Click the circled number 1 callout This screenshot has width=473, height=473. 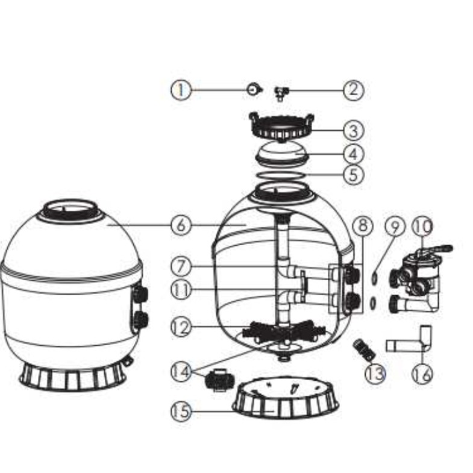pyautogui.click(x=181, y=90)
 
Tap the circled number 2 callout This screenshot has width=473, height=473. pyautogui.click(x=354, y=90)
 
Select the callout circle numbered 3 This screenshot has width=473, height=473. pyautogui.click(x=354, y=131)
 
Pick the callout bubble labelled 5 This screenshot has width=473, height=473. pyautogui.click(x=354, y=175)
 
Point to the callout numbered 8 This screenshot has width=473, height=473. pyautogui.click(x=363, y=225)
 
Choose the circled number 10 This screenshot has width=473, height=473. pyautogui.click(x=422, y=226)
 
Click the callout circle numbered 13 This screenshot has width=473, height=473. pyautogui.click(x=375, y=374)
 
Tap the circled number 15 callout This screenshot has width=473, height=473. pyautogui.click(x=181, y=411)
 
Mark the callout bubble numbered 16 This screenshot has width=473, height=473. pyautogui.click(x=422, y=374)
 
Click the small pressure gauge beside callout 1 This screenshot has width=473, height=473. pyautogui.click(x=254, y=90)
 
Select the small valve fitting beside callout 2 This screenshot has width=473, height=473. pyautogui.click(x=281, y=93)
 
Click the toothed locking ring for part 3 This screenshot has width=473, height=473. pyautogui.click(x=281, y=127)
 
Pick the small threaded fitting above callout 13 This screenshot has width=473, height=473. pyautogui.click(x=364, y=349)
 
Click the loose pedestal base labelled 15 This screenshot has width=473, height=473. pyautogui.click(x=286, y=398)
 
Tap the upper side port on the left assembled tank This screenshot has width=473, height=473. pyautogui.click(x=140, y=294)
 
